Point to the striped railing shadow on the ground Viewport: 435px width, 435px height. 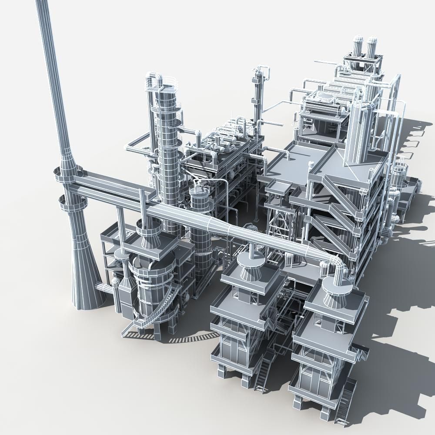[x=191, y=338]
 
